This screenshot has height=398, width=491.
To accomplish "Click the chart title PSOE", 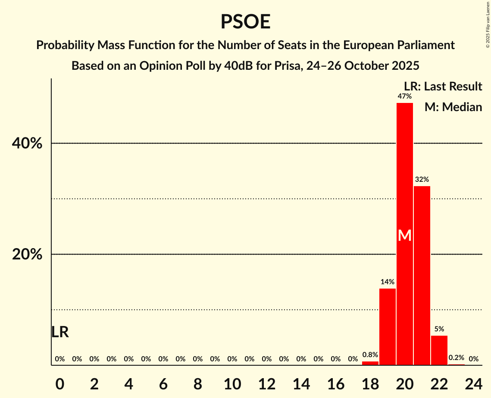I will [x=245, y=22].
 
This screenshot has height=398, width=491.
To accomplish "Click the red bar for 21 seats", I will [x=422, y=276].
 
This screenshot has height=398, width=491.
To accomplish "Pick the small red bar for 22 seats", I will [x=439, y=350].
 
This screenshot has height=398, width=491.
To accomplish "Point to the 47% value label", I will [x=405, y=96].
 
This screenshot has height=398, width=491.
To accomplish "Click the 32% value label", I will [x=422, y=179].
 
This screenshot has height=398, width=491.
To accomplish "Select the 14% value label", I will [x=388, y=282].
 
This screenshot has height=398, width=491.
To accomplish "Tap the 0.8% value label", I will [x=370, y=355].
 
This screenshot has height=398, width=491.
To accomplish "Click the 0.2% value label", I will [x=457, y=358].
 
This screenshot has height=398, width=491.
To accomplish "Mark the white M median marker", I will [x=405, y=235].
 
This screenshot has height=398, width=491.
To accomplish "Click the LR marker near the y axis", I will [x=60, y=332].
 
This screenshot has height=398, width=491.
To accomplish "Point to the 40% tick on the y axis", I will [x=27, y=143].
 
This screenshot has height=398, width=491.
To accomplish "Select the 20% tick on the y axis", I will [x=27, y=255].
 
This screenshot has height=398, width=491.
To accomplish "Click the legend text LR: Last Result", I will [x=443, y=87].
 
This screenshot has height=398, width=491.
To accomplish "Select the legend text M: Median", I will [x=453, y=107].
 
